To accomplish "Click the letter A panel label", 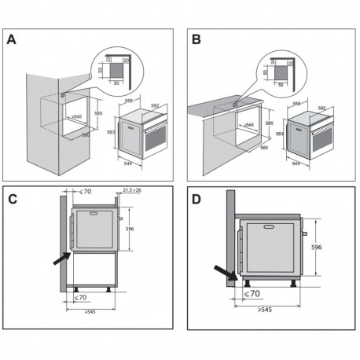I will [13, 41].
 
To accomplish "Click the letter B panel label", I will [197, 41].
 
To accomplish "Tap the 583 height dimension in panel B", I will [278, 135].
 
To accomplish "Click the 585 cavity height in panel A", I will [98, 113].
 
